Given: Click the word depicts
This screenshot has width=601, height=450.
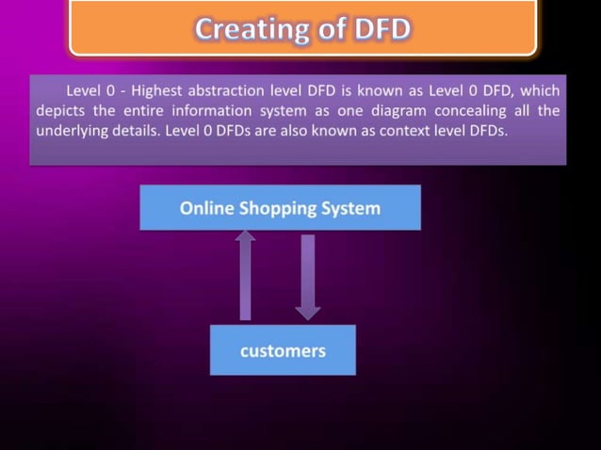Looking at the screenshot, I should tap(61, 111).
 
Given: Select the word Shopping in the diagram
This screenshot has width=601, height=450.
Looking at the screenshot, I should tap(280, 208).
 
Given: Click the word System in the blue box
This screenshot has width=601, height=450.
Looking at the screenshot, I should tap(352, 208).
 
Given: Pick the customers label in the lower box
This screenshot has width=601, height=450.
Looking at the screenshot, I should tap(283, 351).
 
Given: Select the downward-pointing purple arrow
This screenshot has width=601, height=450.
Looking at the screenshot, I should tap(307, 278).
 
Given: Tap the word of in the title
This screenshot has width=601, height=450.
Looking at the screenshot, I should tap(330, 29).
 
